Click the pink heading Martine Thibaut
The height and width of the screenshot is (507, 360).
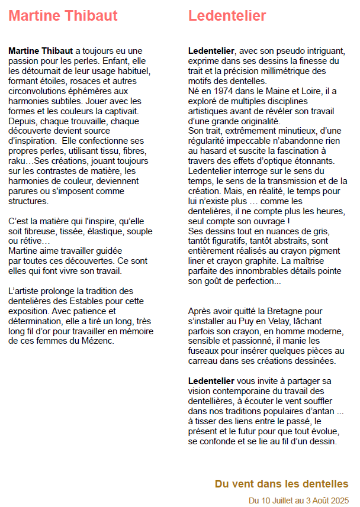click(x=63, y=16)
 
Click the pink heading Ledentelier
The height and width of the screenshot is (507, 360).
click(x=227, y=16)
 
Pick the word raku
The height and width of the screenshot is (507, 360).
click(x=18, y=162)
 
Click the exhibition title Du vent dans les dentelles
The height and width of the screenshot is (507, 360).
click(x=281, y=484)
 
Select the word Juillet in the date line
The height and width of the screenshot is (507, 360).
click(x=282, y=500)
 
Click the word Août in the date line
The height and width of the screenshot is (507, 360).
click(x=317, y=500)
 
